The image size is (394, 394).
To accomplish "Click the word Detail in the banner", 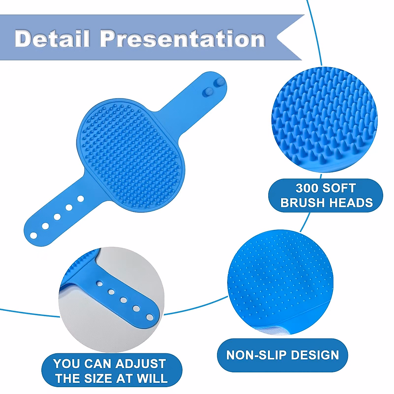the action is (x=52, y=38).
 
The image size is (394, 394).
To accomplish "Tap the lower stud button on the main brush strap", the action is (x=208, y=92).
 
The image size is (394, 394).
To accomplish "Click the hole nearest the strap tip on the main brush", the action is (x=33, y=235).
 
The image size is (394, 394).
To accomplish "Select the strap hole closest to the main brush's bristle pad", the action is (x=80, y=199).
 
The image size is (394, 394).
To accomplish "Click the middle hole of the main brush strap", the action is (x=57, y=217).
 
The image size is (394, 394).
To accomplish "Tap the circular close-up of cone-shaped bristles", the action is (x=324, y=120).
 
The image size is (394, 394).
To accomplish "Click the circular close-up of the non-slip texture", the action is (x=280, y=283).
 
